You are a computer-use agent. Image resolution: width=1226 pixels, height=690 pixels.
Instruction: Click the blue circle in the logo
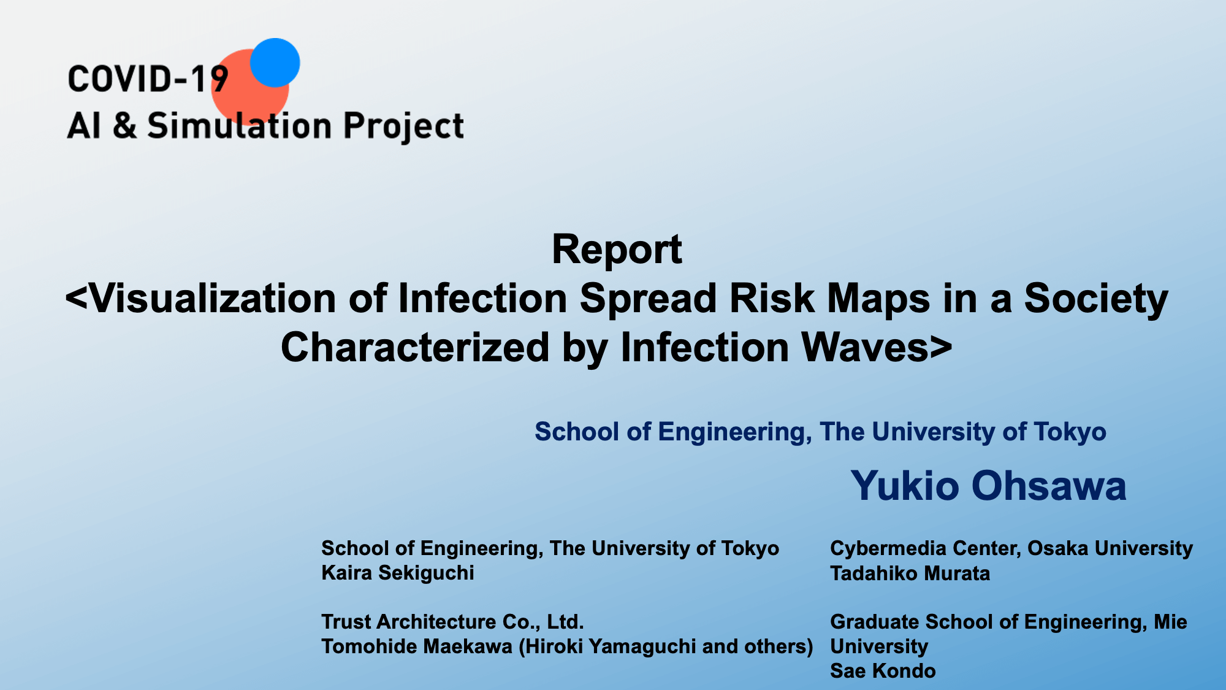[275, 63]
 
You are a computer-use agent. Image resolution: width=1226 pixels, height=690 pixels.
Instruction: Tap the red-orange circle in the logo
[245, 92]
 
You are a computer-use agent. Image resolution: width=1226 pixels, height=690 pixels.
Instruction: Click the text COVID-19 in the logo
[148, 80]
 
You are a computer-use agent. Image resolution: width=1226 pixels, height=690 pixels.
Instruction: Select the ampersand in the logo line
[124, 126]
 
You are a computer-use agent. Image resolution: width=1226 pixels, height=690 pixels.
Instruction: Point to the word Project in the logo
[403, 126]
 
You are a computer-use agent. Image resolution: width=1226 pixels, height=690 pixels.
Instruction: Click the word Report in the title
[617, 249]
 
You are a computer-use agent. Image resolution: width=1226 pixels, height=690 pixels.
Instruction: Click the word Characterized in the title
[414, 347]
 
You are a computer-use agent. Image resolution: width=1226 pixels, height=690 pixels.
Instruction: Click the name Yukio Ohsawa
[988, 485]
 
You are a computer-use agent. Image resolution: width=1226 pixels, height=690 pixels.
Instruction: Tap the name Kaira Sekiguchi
[398, 573]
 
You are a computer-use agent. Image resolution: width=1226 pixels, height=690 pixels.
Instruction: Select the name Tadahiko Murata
[910, 573]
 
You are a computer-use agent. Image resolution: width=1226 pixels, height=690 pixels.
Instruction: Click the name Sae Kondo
[883, 671]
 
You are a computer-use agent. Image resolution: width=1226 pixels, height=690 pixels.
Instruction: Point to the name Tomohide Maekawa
[417, 646]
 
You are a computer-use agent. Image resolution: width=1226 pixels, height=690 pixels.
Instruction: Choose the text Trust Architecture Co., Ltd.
[452, 622]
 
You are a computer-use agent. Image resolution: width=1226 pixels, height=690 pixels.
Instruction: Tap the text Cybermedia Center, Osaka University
[1011, 548]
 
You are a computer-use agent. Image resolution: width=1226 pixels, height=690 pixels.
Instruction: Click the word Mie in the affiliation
[1170, 622]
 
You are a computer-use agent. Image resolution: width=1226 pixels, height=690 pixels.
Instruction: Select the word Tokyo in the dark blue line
[1070, 432]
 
